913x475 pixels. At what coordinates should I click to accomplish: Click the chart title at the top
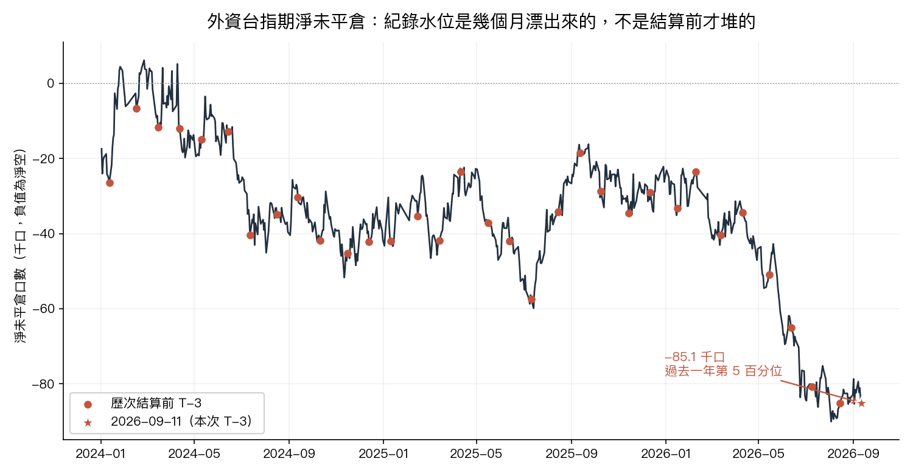(x=481, y=21)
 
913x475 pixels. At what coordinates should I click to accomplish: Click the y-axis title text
(x=20, y=246)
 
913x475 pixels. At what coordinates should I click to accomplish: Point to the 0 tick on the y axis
(x=51, y=83)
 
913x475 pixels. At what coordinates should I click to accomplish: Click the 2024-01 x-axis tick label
(x=100, y=454)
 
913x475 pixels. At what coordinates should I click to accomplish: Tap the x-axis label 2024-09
(x=289, y=454)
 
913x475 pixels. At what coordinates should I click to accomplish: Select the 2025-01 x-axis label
(x=383, y=454)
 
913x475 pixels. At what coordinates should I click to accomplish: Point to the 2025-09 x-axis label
(x=572, y=454)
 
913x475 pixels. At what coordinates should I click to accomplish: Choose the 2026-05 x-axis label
(x=758, y=454)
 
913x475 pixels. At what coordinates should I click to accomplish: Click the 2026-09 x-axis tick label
(x=853, y=454)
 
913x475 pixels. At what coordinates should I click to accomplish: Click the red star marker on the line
(x=861, y=403)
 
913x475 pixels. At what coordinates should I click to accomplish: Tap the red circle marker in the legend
(x=88, y=404)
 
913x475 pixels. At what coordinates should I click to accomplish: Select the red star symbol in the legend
(x=88, y=423)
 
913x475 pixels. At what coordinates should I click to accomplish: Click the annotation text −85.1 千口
(x=694, y=357)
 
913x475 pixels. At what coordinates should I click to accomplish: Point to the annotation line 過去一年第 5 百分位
(x=724, y=371)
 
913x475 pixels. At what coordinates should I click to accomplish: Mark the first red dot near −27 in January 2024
(x=110, y=183)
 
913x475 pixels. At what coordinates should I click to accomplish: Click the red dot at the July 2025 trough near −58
(x=531, y=300)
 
